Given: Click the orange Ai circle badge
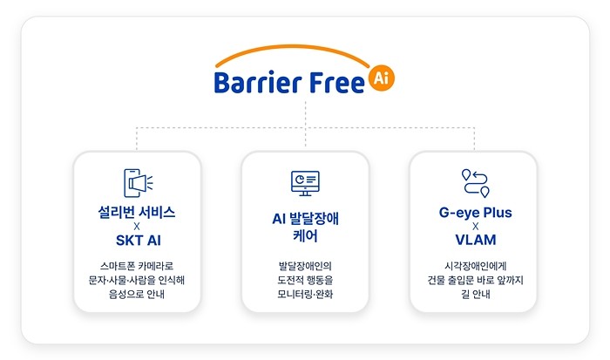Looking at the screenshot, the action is (x=382, y=78).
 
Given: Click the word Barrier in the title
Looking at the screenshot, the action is (x=258, y=82).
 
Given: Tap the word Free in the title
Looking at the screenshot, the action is (x=337, y=82).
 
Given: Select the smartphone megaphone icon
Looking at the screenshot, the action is (x=138, y=183).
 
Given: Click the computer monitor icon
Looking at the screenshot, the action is (x=305, y=183).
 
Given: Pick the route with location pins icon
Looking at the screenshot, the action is (x=476, y=183).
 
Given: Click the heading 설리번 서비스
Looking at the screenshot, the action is (x=137, y=213).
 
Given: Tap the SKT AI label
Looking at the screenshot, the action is (x=138, y=240).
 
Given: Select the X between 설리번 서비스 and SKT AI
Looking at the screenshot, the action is (x=137, y=226).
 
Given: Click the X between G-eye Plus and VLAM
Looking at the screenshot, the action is (x=476, y=226).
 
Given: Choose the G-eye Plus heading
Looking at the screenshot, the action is (x=476, y=213).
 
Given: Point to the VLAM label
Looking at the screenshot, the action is (x=476, y=240).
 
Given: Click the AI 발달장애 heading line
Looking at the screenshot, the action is (x=305, y=219).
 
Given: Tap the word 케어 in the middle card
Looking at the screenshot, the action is (x=305, y=236).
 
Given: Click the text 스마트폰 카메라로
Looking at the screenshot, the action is (x=137, y=266).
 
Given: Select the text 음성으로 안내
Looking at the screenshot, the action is (x=137, y=294).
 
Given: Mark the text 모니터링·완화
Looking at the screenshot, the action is (x=305, y=294).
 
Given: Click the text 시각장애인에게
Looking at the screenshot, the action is (x=476, y=266).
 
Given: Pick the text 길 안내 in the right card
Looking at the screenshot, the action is (x=476, y=294).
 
